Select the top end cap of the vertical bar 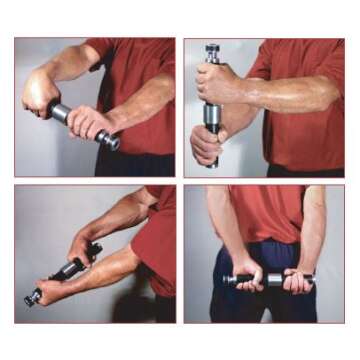click(x=212, y=48)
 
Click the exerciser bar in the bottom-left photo click(x=66, y=269)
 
